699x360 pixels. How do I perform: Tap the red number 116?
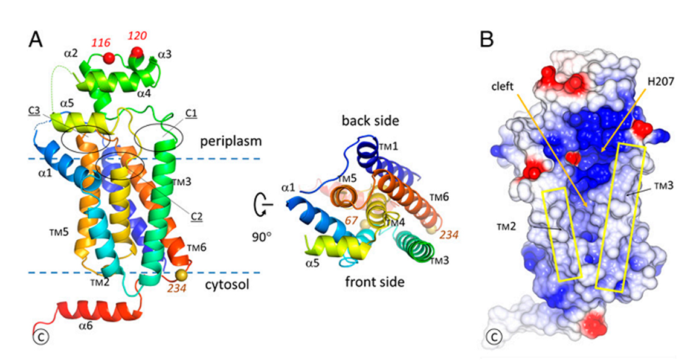tap(100, 42)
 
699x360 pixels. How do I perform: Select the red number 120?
tap(137, 36)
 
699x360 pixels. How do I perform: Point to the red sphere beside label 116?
tap(109, 57)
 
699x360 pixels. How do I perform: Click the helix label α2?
tap(71, 54)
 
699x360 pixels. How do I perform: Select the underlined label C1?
tap(192, 114)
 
